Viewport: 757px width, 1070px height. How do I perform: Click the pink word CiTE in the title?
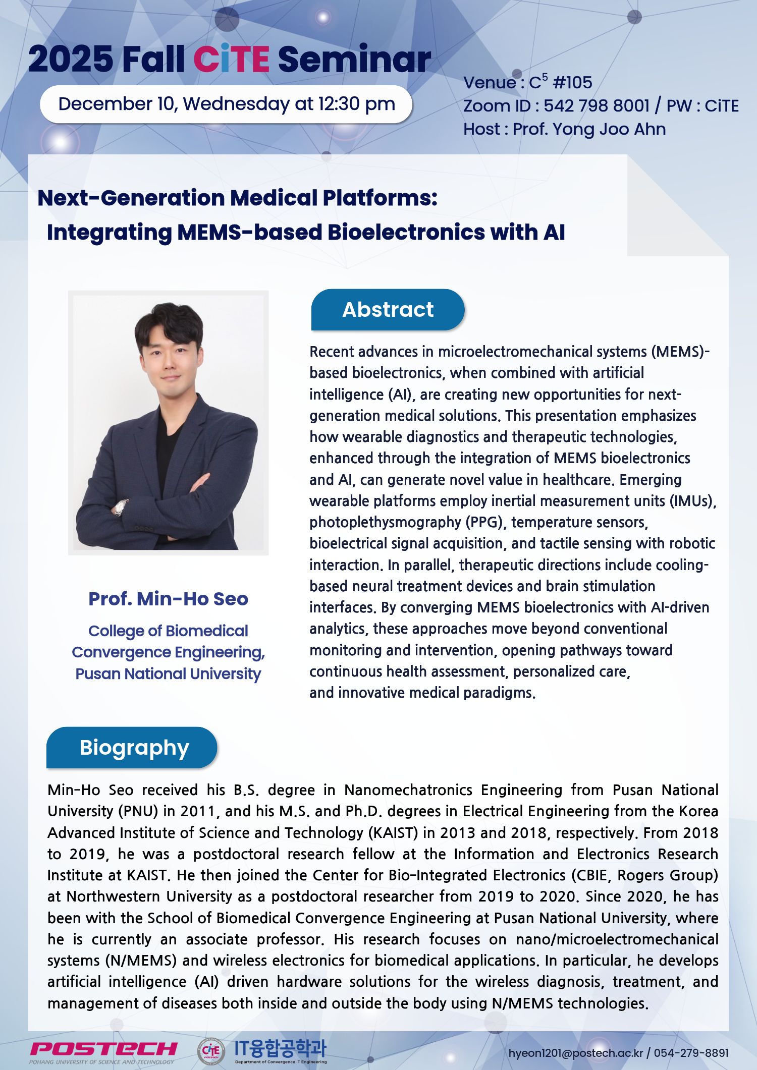[231, 60]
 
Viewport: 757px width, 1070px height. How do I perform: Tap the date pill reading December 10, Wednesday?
[226, 104]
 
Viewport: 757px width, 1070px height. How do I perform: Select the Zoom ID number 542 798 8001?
[596, 106]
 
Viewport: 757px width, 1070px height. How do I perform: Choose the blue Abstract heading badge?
[388, 310]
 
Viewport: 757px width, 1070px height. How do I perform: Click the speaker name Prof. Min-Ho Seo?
[168, 599]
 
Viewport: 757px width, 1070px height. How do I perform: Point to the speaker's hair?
[169, 323]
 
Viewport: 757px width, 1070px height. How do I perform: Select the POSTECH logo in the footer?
[103, 1049]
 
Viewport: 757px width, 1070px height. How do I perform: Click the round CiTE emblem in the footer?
[211, 1050]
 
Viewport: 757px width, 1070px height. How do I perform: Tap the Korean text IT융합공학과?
[281, 1048]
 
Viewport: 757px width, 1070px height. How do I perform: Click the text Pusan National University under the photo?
[168, 674]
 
